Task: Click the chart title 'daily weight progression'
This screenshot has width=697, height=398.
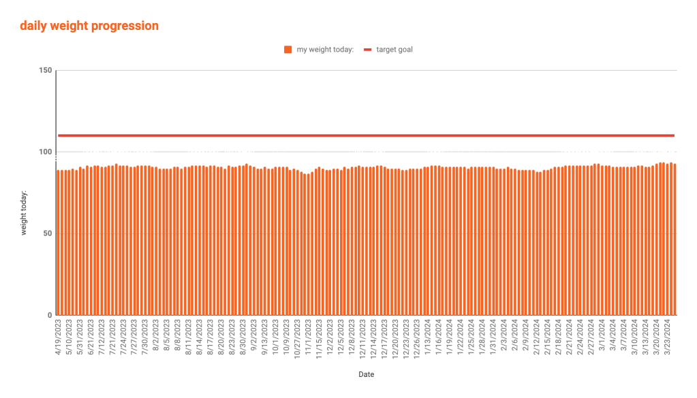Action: point(89,27)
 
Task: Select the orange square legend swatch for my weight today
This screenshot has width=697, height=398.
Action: point(288,49)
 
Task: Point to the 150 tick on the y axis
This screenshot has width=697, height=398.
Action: point(46,71)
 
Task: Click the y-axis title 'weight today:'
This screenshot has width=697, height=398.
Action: point(24,213)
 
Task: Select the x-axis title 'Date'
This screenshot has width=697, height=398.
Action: point(366,374)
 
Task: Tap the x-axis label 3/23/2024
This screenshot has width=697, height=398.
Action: point(667,337)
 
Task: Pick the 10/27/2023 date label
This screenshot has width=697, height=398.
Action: point(298,337)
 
